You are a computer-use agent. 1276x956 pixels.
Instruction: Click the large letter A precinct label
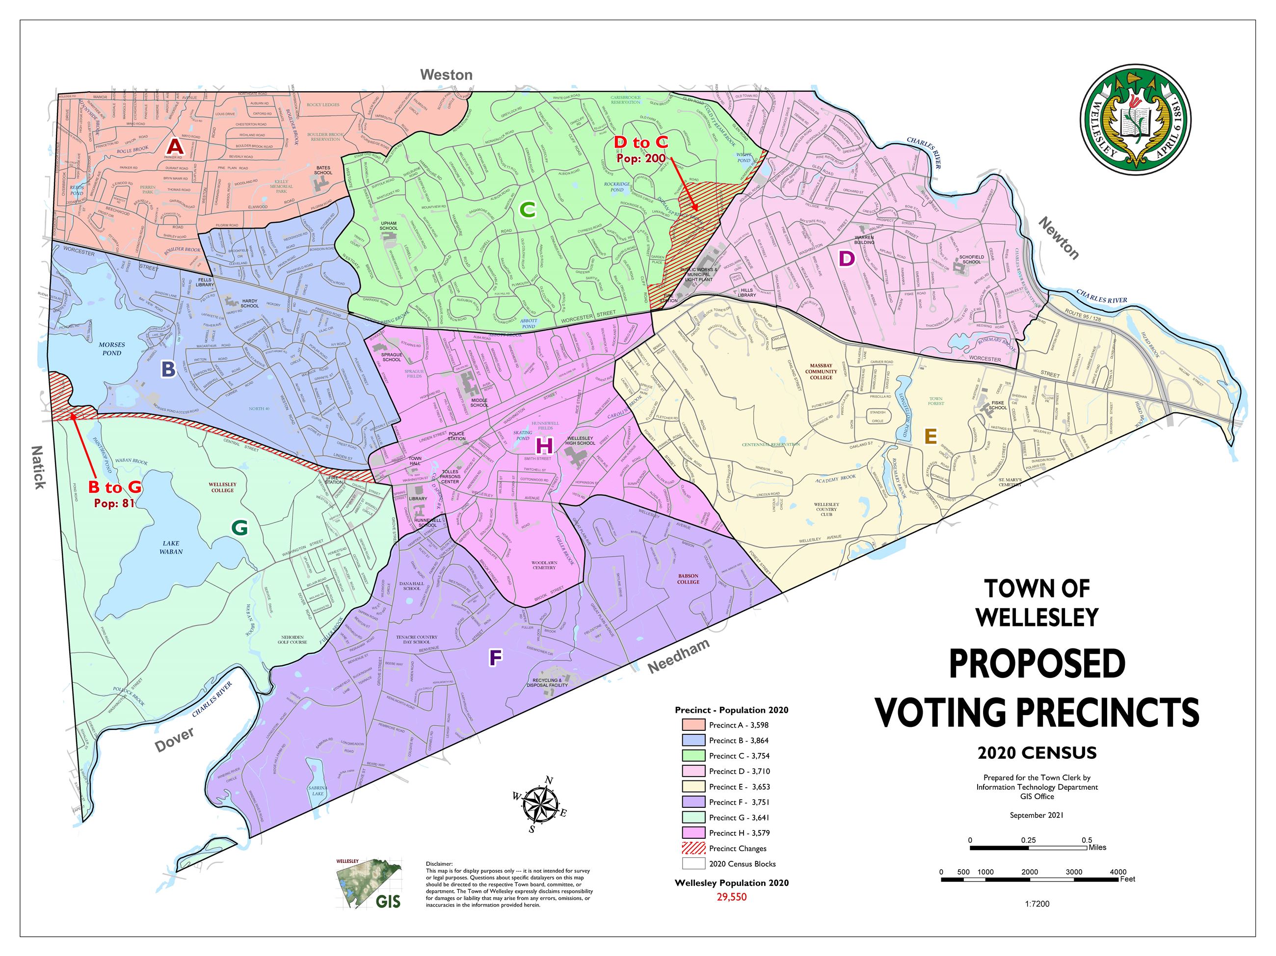pos(175,147)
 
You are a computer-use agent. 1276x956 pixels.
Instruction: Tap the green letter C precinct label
pos(527,210)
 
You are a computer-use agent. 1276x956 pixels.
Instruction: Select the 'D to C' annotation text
pos(640,142)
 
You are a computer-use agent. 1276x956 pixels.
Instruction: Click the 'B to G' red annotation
pos(115,488)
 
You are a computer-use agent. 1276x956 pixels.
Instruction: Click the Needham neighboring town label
pos(678,657)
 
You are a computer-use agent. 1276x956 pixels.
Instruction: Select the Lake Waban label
pos(171,547)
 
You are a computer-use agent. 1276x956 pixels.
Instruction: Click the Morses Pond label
pos(112,349)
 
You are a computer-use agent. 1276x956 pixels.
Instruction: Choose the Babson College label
pos(689,579)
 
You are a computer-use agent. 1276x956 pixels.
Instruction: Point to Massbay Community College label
pos(821,371)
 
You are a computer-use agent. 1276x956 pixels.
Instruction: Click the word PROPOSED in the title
pos(1037,664)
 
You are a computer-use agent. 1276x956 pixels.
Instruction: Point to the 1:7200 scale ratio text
pos(1037,904)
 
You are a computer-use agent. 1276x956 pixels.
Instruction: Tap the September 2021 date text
pos(1037,815)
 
